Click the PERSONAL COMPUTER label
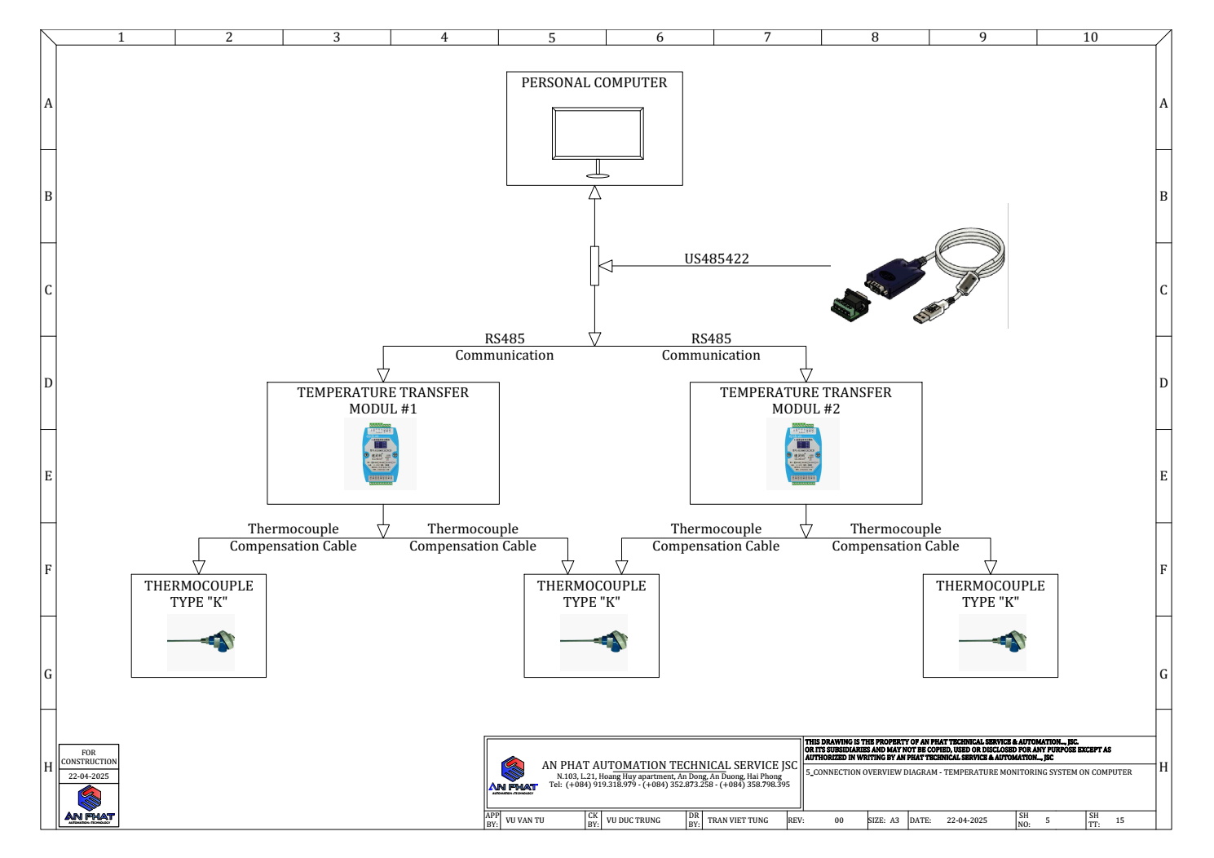pos(594,83)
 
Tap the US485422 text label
pos(716,259)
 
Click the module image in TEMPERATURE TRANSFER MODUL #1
pos(381,455)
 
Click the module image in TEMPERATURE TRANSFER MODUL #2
pos(803,455)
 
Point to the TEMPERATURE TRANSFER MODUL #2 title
pos(806,400)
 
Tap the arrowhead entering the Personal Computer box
pos(595,193)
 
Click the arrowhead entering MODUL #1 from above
pos(383,375)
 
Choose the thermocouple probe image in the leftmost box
pos(201,642)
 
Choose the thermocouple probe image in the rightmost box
pos(992,642)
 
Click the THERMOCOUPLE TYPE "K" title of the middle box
pos(591,594)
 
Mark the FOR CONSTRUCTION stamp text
pos(89,757)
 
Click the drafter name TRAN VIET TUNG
pos(737,820)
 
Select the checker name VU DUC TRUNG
pos(633,820)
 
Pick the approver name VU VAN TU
pos(525,820)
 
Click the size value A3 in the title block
pos(894,820)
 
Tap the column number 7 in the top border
pos(767,38)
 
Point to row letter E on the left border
pos(48,476)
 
